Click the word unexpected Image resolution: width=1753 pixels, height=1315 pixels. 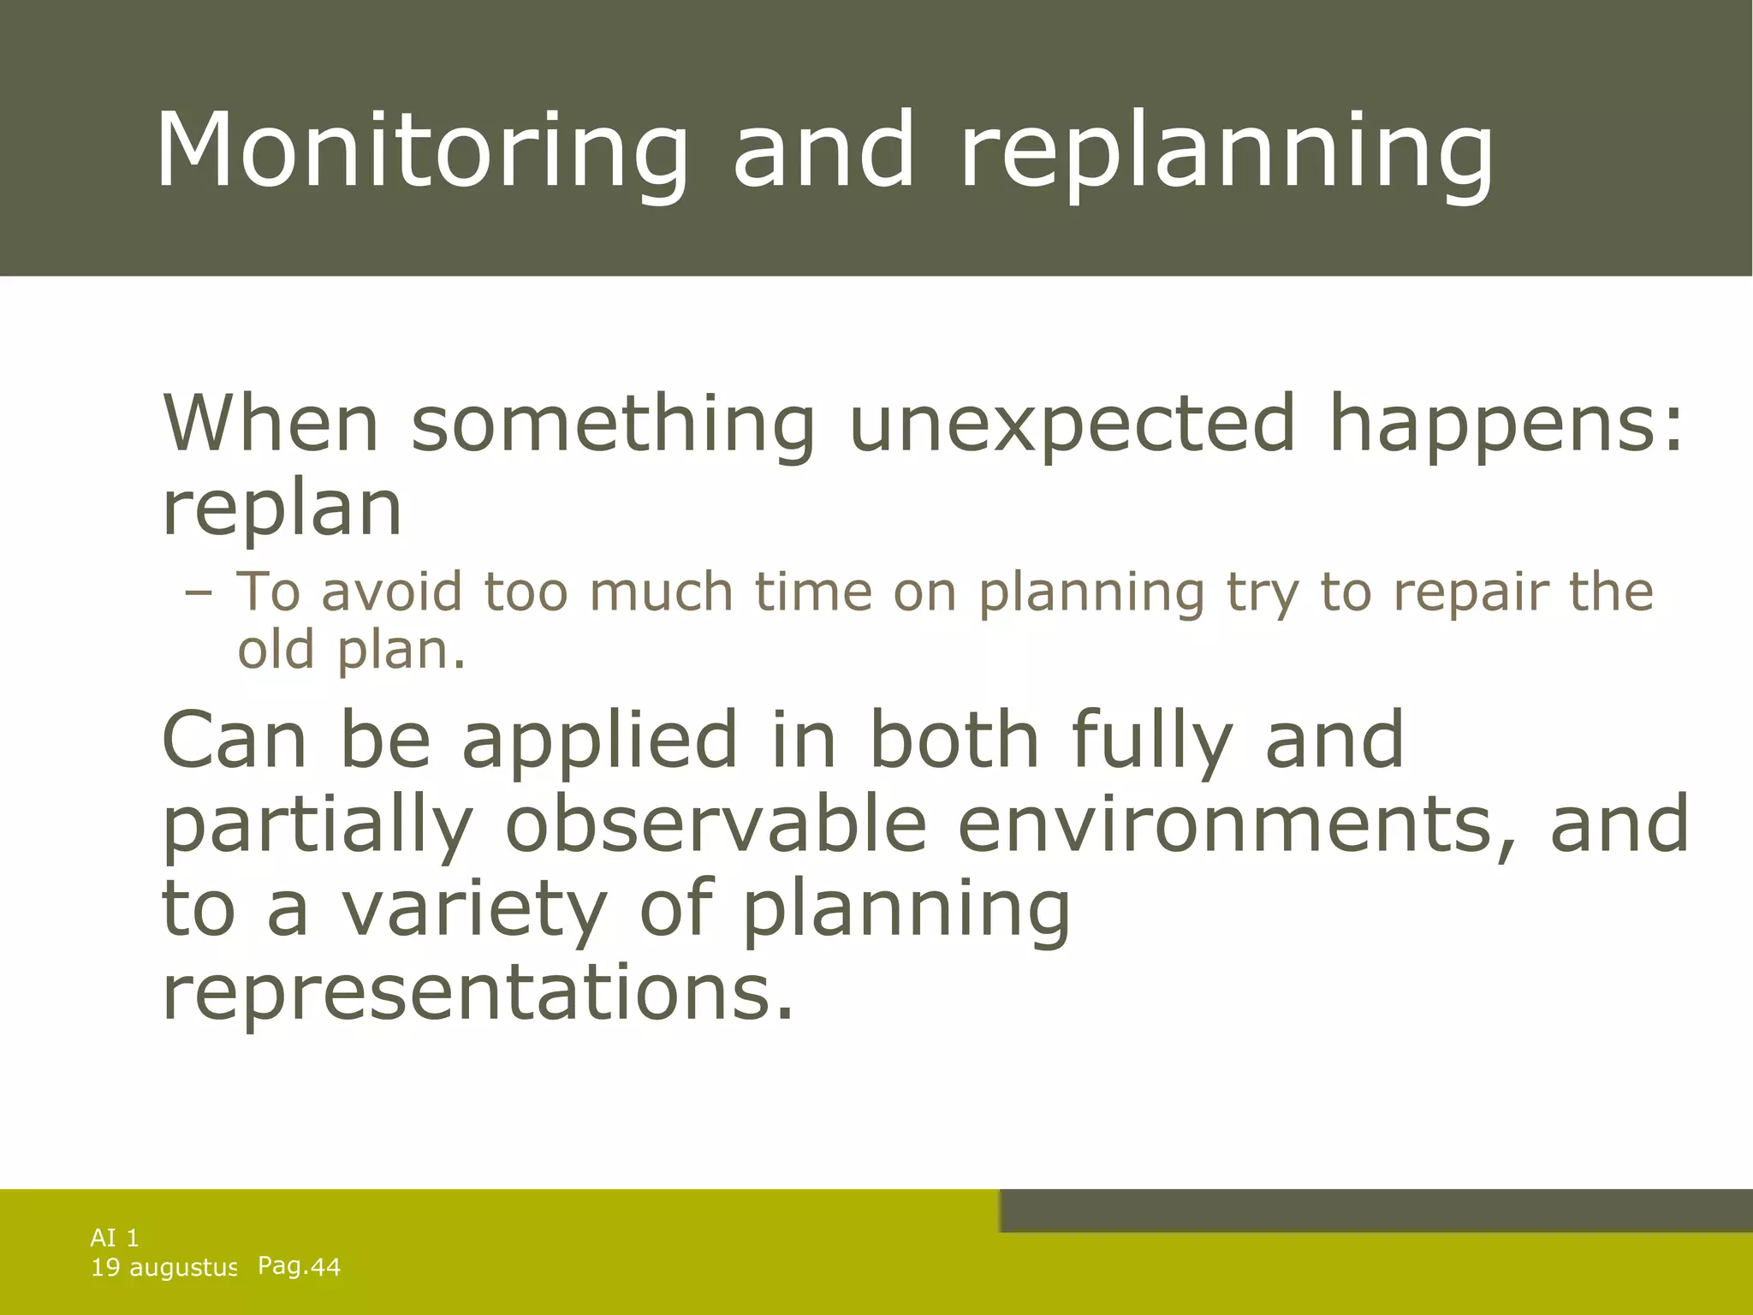pos(1072,425)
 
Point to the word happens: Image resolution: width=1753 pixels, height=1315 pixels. pos(1505,425)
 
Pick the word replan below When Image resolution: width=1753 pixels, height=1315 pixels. pos(282,509)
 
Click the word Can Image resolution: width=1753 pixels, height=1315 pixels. pos(234,740)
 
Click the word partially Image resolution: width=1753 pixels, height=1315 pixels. pos(317,826)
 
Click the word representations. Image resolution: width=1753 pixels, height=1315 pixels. pos(478,993)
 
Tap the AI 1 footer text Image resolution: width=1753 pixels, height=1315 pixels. pos(115,1237)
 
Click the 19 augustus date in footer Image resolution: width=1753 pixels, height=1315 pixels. pos(163,1268)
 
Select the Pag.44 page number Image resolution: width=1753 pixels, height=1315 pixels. pos(299,1266)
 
